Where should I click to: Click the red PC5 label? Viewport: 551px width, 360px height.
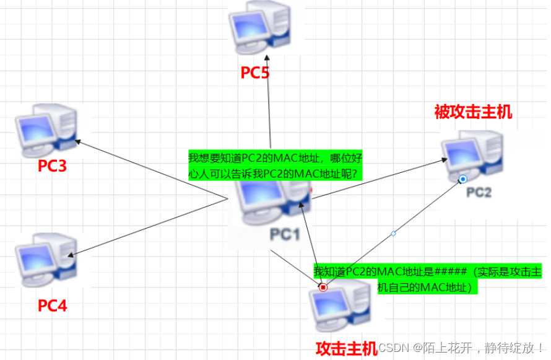coord(255,73)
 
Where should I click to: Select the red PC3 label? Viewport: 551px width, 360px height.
coord(52,166)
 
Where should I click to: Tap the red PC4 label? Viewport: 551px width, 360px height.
coord(52,305)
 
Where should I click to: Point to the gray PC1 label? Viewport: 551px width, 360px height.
coord(284,234)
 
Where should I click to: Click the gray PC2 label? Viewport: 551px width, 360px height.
coord(479,192)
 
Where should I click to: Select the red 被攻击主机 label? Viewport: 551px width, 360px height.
coord(474,112)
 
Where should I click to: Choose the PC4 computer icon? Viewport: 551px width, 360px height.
coord(47,258)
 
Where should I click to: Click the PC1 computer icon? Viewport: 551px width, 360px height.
coord(272,204)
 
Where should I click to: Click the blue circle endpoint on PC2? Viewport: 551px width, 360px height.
coord(462,180)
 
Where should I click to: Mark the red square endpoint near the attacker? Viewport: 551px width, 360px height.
coord(323,287)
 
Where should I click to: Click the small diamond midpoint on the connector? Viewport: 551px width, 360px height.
coord(393,234)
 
